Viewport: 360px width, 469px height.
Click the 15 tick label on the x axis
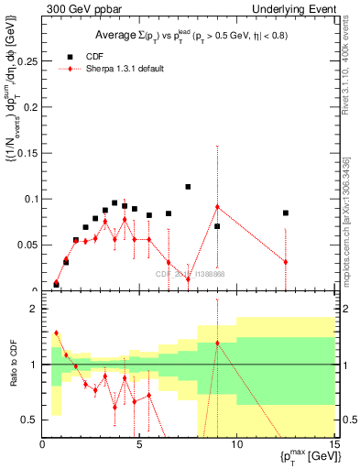coord(333,444)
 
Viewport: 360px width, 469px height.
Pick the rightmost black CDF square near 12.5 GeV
coord(286,213)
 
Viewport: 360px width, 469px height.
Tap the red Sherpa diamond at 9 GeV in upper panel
coord(217,207)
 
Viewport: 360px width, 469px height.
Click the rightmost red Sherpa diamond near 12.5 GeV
coord(286,262)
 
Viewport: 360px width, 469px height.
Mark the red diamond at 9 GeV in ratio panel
coord(217,344)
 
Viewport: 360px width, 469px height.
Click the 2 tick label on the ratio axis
coord(34,310)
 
